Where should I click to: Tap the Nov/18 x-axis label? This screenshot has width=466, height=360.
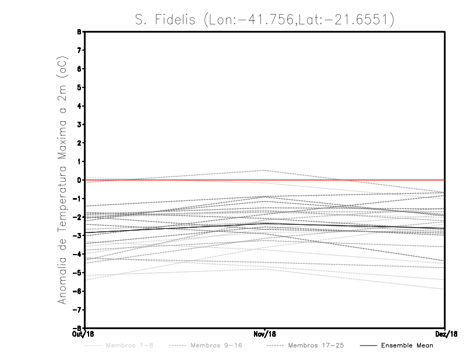264,333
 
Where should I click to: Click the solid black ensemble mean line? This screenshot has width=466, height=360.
175,228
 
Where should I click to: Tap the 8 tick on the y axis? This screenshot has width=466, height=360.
79,32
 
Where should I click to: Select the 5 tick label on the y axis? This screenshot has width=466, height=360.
79,87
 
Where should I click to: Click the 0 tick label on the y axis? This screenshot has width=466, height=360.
79,180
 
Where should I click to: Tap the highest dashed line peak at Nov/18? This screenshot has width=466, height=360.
264,171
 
